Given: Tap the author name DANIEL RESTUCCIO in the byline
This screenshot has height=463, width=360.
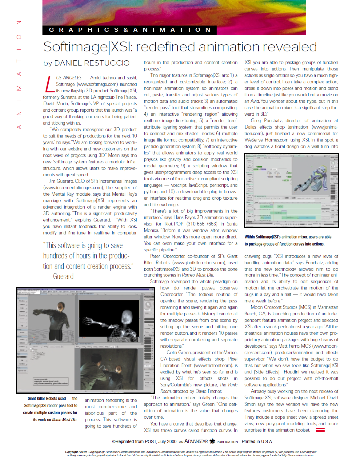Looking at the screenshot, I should pos(92,63).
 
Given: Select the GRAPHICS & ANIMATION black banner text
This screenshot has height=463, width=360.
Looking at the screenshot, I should pos(130,30).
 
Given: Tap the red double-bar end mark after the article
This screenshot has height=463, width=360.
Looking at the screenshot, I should pos(320,430).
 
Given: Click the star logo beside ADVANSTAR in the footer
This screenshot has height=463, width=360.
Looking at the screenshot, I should pos(212,441).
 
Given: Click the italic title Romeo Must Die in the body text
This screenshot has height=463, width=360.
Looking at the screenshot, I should pos(198,275).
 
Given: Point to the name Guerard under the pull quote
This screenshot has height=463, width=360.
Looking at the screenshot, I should pos(63,276).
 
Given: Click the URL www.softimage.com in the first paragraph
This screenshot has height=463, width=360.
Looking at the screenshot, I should pos(97,84).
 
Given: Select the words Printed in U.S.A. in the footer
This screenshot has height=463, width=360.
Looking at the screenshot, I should pos(257,441).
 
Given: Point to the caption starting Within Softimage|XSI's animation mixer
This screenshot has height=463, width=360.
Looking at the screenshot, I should pos(288,240).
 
